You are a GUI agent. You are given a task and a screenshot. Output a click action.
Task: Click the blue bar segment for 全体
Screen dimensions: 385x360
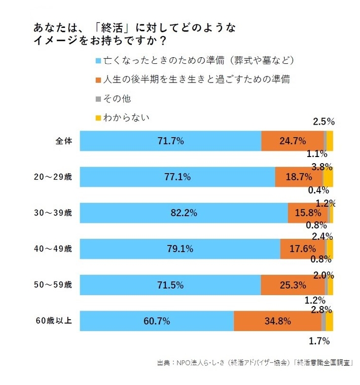170,141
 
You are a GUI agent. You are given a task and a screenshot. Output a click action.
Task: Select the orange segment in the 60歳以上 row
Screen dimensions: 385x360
277,321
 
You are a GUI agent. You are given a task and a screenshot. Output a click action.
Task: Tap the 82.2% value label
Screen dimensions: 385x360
184,213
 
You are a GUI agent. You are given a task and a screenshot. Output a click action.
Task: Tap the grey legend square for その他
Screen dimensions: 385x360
98,99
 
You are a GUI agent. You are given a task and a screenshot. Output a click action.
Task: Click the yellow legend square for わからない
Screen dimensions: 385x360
98,118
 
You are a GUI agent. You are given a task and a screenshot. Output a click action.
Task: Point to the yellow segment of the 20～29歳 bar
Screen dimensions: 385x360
328,177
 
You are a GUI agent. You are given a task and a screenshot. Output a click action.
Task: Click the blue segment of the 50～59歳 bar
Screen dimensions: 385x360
170,285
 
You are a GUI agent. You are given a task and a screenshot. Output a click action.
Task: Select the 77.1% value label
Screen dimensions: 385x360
177,177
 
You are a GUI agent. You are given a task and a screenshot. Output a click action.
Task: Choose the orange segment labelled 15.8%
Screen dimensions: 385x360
307,213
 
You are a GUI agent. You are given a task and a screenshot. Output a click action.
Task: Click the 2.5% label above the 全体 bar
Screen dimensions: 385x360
323,122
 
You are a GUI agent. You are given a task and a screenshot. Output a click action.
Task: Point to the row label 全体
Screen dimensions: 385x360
64,141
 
